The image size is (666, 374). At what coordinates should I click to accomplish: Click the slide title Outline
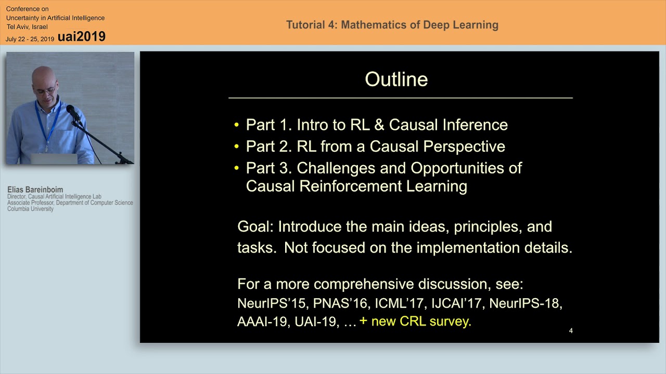pos(396,79)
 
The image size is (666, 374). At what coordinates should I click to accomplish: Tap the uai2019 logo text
pos(82,36)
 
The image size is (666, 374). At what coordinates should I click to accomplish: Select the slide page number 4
pos(571,331)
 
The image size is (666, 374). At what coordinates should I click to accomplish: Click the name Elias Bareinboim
pos(35,190)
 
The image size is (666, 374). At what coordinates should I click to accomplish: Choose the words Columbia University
pos(30,209)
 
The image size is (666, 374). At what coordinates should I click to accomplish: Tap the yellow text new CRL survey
pos(420,321)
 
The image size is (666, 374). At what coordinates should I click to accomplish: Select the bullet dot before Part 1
pos(237,125)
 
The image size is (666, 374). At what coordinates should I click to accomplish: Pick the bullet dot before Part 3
pos(237,168)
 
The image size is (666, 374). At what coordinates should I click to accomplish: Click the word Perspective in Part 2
pos(464,146)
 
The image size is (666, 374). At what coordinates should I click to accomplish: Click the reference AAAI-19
pos(262,322)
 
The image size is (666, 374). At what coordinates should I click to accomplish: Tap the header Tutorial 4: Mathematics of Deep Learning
pos(392,25)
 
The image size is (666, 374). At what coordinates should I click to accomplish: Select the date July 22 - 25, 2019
pos(30,39)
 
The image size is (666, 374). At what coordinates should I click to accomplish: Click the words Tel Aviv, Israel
pos(27,27)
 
